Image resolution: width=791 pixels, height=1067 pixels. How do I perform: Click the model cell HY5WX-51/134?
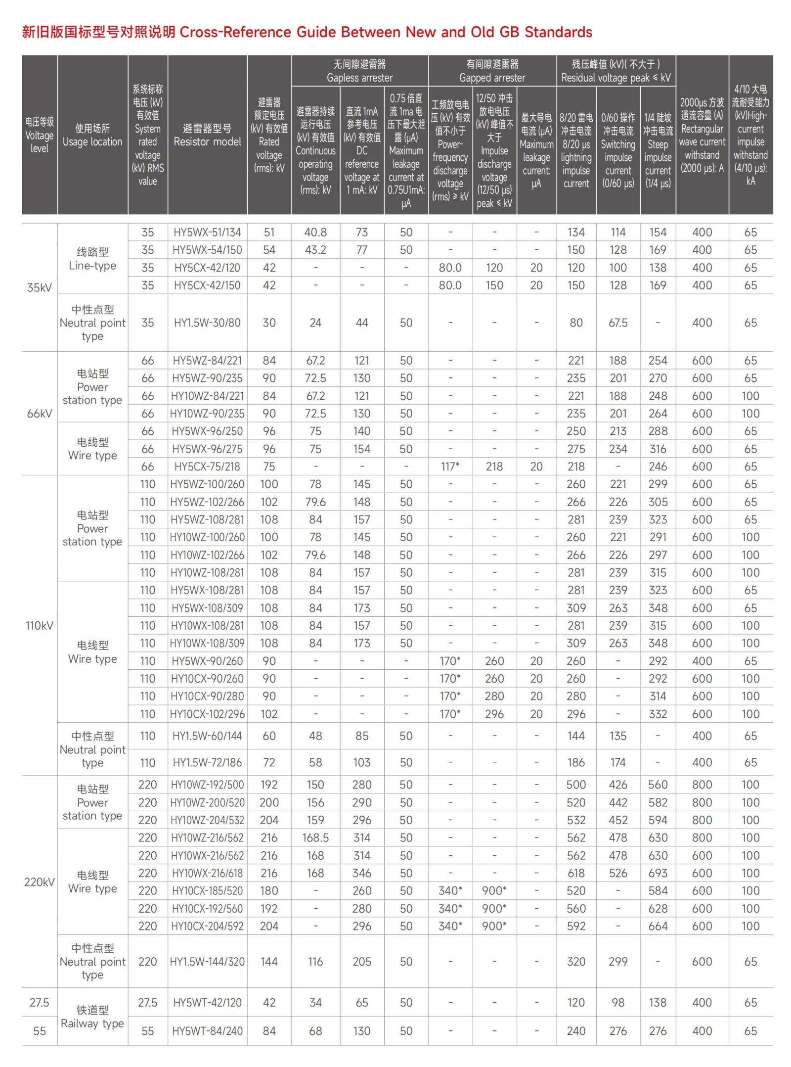207,232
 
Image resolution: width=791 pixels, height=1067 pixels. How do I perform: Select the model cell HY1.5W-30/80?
207,323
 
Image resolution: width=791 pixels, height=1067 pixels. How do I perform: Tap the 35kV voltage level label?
40,287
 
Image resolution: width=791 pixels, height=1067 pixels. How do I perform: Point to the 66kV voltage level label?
40,413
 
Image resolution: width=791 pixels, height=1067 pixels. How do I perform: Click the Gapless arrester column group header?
359,71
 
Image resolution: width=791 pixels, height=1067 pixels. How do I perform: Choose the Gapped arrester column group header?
492,71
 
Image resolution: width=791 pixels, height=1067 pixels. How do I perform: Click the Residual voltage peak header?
615,71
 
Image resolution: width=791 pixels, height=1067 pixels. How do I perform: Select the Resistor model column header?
207,135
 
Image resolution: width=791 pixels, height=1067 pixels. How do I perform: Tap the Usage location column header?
92,135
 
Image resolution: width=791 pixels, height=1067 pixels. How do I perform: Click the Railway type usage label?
92,1017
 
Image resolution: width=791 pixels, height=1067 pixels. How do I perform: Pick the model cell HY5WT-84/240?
207,1031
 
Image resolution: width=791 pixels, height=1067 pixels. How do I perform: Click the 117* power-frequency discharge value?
450,466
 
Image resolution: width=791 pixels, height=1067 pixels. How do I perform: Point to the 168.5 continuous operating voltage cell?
315,837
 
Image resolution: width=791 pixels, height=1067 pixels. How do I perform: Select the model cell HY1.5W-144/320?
207,961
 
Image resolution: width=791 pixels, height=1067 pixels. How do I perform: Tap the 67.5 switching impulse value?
618,323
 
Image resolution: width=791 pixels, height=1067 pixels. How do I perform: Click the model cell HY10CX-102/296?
207,714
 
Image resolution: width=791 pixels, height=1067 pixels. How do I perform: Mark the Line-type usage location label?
92,259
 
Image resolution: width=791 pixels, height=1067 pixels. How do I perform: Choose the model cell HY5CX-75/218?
207,466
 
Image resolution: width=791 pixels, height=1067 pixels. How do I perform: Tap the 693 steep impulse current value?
658,873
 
